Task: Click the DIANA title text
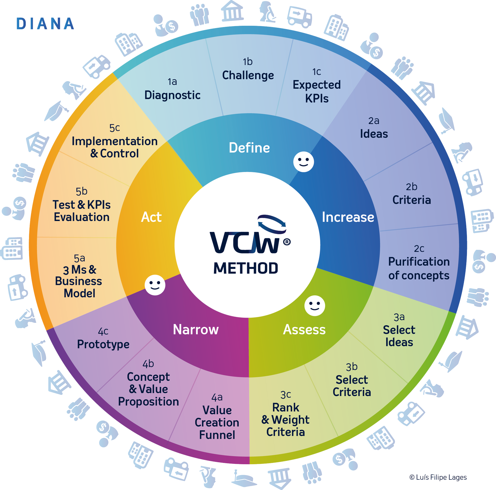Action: click(x=45, y=24)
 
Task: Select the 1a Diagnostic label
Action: click(x=172, y=89)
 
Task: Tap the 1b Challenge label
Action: click(x=248, y=69)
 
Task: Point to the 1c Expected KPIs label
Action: click(x=316, y=86)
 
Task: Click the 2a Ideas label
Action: click(x=374, y=128)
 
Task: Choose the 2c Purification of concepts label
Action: click(x=419, y=263)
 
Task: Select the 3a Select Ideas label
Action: click(x=399, y=331)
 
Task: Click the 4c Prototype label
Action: click(x=103, y=339)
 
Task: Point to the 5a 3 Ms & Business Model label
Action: click(x=79, y=277)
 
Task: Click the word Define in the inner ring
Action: click(x=249, y=148)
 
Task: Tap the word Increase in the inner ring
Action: click(x=348, y=217)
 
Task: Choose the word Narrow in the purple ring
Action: click(x=196, y=330)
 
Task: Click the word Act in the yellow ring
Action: click(x=151, y=217)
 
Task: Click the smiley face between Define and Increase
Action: click(x=304, y=162)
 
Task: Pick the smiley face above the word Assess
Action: click(x=314, y=306)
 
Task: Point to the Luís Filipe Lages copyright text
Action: click(x=438, y=477)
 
